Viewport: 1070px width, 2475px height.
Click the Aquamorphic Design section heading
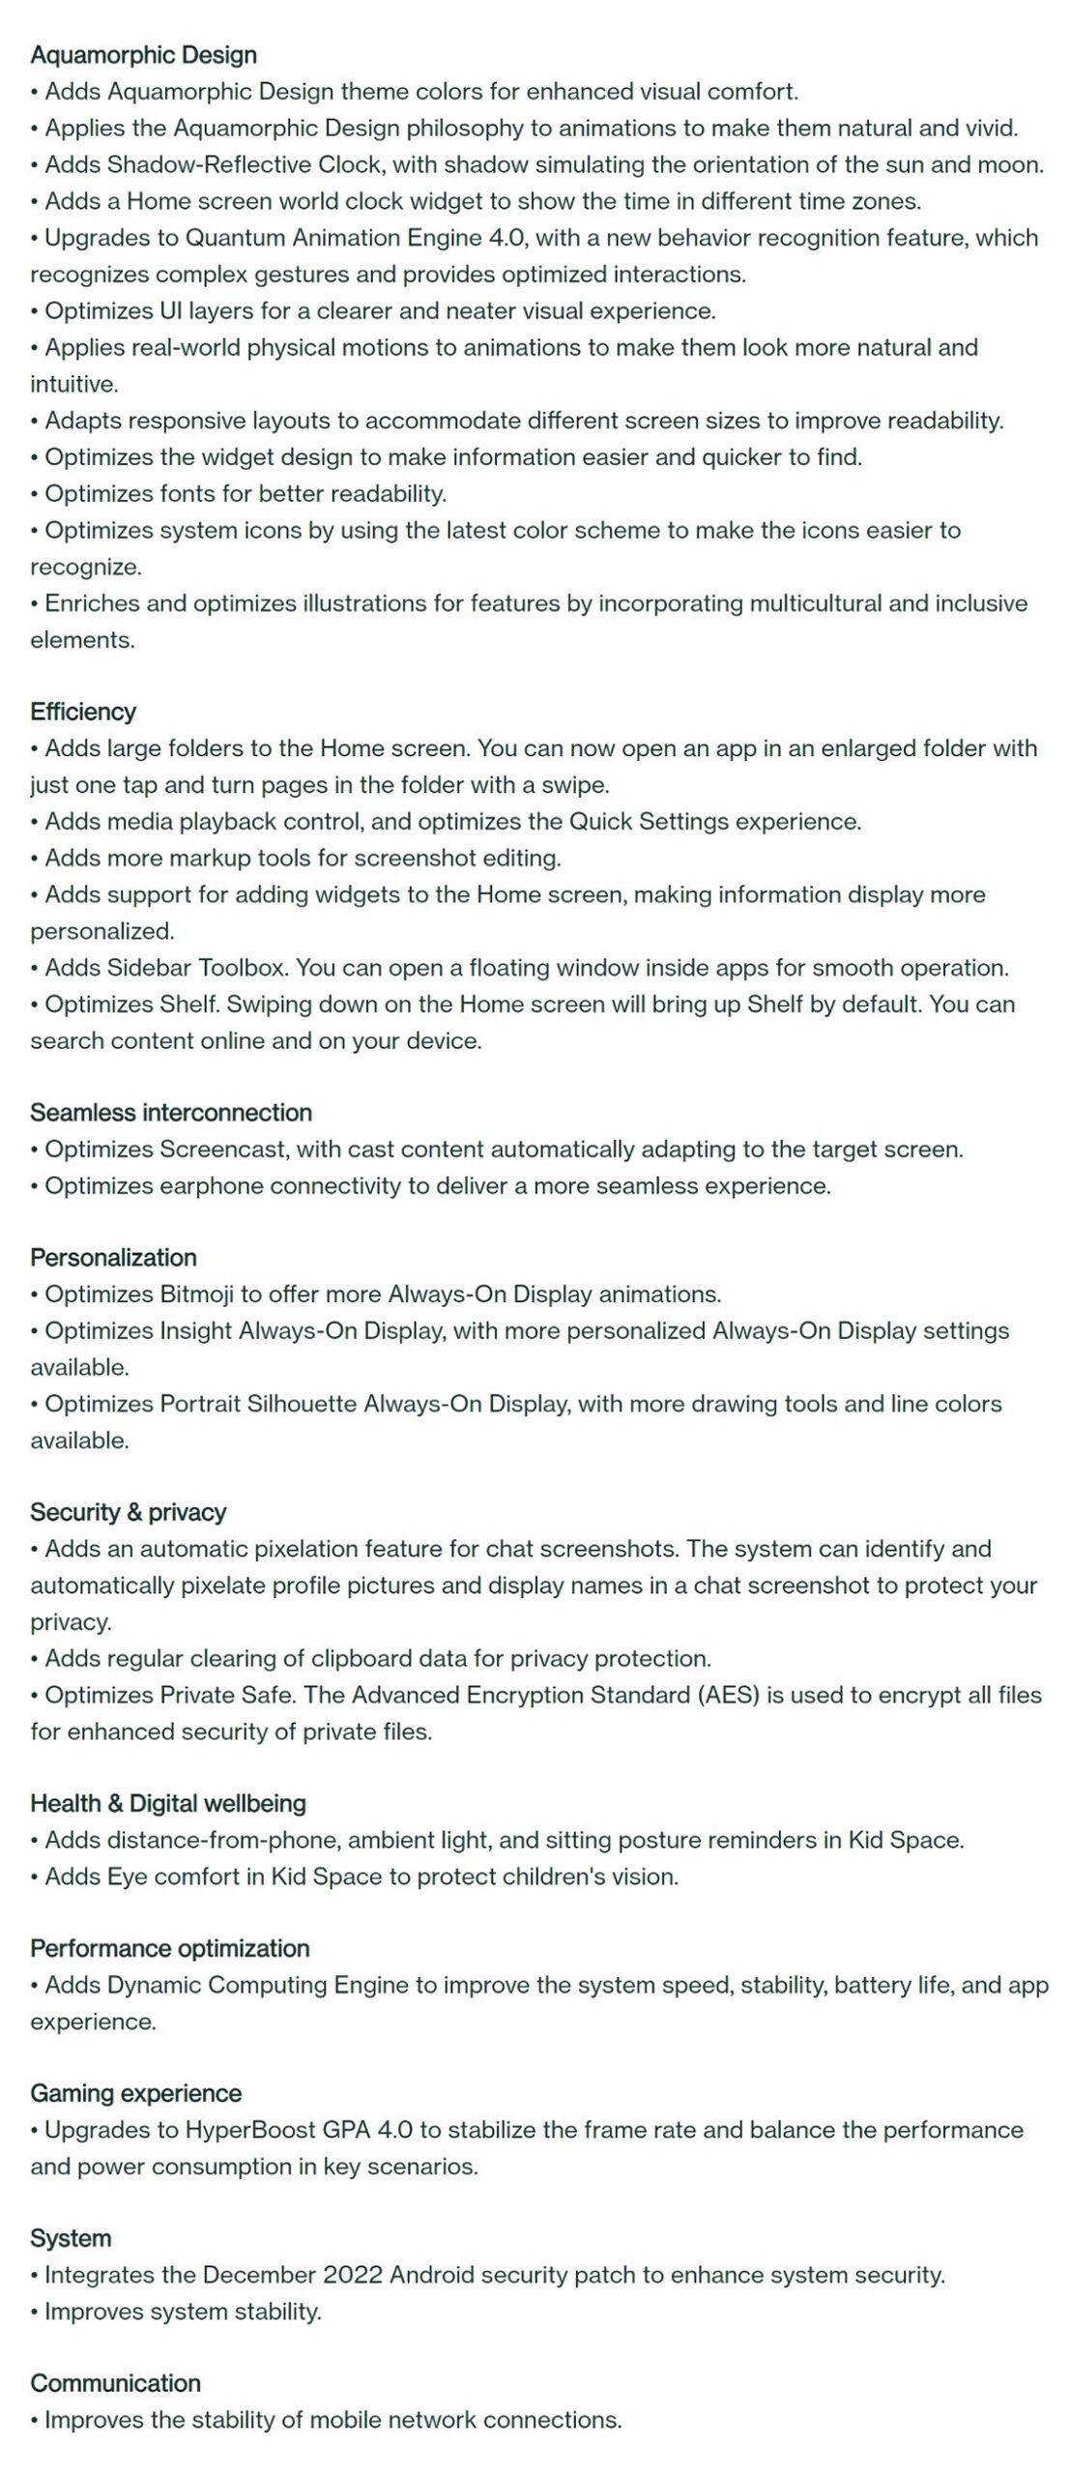(x=143, y=55)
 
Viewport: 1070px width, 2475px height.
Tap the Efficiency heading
(x=83, y=712)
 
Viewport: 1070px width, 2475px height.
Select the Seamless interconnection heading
(x=171, y=1112)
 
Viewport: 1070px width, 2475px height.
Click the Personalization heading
(x=113, y=1257)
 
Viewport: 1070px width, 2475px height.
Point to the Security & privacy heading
(x=128, y=1512)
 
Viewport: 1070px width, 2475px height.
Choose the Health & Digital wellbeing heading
(x=168, y=1803)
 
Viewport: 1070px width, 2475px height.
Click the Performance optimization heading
(x=170, y=1948)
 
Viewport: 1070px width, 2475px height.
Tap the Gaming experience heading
(x=135, y=2093)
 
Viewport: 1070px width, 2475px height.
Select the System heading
(x=71, y=2238)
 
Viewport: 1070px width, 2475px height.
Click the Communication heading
(x=115, y=2383)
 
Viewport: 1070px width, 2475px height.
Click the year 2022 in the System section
(x=353, y=2275)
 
